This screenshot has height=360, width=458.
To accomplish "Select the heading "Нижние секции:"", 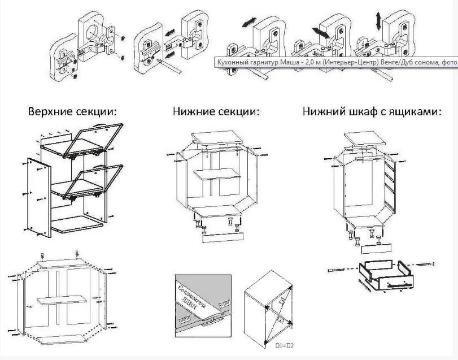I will tap(216, 111).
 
